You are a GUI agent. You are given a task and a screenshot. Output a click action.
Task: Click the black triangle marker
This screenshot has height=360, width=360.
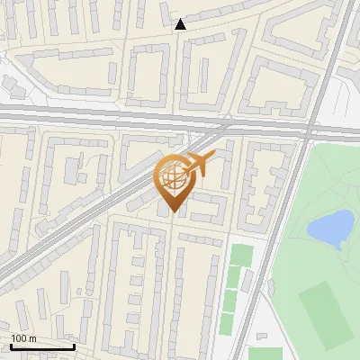point(180,24)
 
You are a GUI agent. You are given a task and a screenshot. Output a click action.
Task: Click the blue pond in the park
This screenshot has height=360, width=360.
point(330,227)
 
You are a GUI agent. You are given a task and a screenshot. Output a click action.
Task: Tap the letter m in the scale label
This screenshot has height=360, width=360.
point(32,338)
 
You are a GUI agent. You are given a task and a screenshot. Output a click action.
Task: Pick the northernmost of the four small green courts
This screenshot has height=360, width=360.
point(240,255)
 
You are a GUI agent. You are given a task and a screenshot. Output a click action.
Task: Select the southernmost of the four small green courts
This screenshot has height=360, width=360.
point(227,324)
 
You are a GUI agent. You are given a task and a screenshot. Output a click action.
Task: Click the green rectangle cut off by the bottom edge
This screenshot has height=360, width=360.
point(264,354)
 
